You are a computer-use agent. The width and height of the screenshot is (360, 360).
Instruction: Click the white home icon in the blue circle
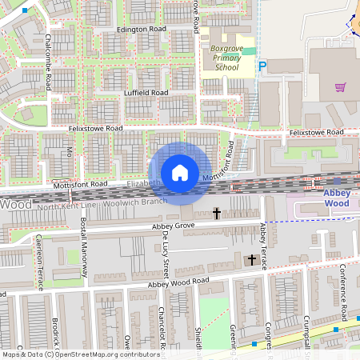coord(180,172)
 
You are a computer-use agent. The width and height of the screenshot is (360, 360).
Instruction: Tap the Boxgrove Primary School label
coord(226,58)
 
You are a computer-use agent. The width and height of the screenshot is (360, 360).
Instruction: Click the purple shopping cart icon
coord(341,86)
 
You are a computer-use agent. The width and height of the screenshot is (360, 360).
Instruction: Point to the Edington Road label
coord(141,30)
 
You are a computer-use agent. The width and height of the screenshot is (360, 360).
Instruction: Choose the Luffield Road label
coord(146,93)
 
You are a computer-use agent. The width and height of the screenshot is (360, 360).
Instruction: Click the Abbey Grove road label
coord(174,227)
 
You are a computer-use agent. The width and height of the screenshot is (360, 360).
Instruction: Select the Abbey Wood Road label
coord(178,282)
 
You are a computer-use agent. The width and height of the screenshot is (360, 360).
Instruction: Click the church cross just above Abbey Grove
coord(217,213)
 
